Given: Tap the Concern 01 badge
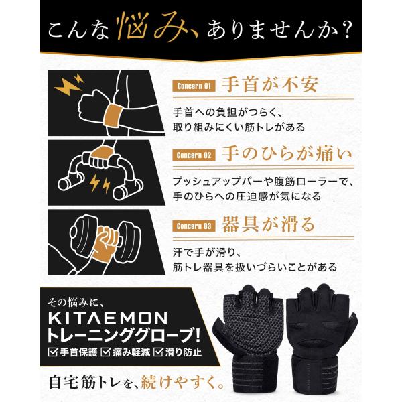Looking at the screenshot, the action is pos(194,86).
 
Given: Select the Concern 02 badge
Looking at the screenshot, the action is pos(194,155).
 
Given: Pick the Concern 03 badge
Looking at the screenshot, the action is pos(194,226).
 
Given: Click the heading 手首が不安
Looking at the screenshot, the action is pos(270,84).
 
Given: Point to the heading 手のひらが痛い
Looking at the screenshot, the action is pos(287,154).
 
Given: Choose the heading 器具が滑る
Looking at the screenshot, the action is pos(268,224).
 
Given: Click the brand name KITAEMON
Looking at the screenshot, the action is pos(108,318).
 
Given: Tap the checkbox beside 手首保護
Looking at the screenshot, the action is pos(53,352).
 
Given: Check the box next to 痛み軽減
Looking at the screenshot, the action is pos(105,352).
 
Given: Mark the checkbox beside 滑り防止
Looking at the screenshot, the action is pos(158,352).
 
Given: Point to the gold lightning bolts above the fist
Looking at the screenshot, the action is pos(69,84).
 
